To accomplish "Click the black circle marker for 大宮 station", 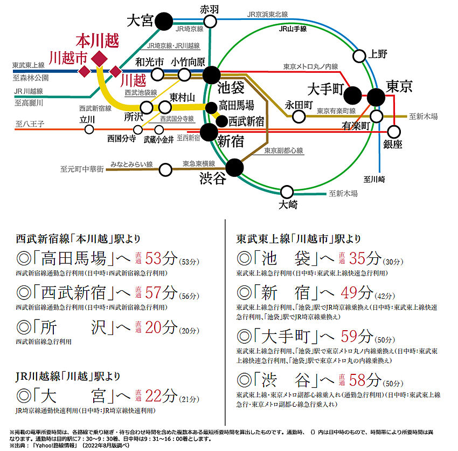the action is (164, 22).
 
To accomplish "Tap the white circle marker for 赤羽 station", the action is (210, 22).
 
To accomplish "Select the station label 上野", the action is (377, 54).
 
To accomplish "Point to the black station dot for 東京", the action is (376, 97).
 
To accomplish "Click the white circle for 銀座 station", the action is (394, 132).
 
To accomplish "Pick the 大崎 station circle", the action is (287, 192).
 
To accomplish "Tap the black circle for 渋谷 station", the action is (234, 168).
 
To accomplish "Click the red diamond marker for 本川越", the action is (99, 59).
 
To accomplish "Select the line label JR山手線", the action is (293, 29).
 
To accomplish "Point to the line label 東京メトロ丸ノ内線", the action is (310, 67).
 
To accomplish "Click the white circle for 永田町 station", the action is (299, 117).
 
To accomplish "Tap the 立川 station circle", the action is (89, 129).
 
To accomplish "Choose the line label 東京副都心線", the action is (283, 151).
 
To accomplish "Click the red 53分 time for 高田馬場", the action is (161, 258).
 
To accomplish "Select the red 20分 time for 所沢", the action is (161, 327).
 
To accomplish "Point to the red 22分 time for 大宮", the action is (161, 396).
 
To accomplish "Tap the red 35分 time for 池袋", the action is (365, 258).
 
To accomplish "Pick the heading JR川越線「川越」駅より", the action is (68, 376).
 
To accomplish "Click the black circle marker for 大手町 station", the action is (352, 95).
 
